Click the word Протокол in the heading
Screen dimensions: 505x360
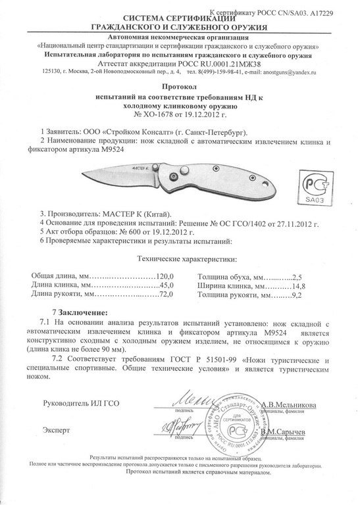pyautogui.click(x=180, y=86)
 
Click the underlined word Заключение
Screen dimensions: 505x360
pyautogui.click(x=84, y=312)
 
